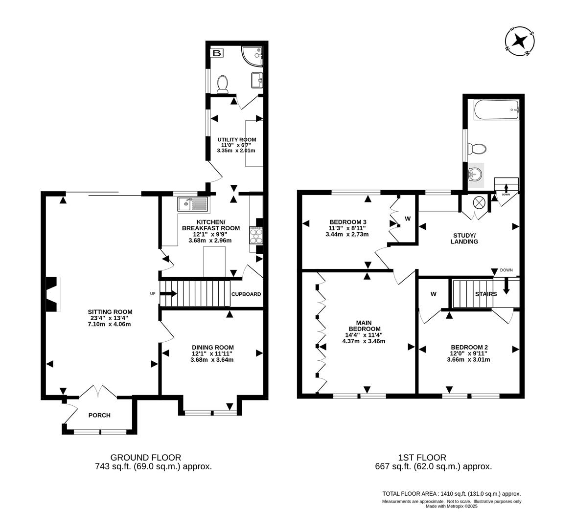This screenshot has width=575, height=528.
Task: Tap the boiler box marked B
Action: point(216,53)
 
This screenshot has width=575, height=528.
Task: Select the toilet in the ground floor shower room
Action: point(223,84)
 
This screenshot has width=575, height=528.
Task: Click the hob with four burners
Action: point(256,235)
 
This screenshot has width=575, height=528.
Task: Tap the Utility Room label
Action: point(236,140)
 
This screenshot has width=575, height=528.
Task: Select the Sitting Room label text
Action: point(110,312)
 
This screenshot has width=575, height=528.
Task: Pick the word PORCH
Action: point(99,416)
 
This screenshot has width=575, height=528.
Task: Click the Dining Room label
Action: point(212,348)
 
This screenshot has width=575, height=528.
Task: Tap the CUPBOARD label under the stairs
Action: point(246,294)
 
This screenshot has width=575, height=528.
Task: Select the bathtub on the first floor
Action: point(495,110)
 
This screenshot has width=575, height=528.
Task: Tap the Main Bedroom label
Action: point(364,326)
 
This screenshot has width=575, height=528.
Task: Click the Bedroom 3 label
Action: point(347,222)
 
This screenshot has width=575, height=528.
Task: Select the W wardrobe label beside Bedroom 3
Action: point(408,218)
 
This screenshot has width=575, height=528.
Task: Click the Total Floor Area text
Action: point(451,494)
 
